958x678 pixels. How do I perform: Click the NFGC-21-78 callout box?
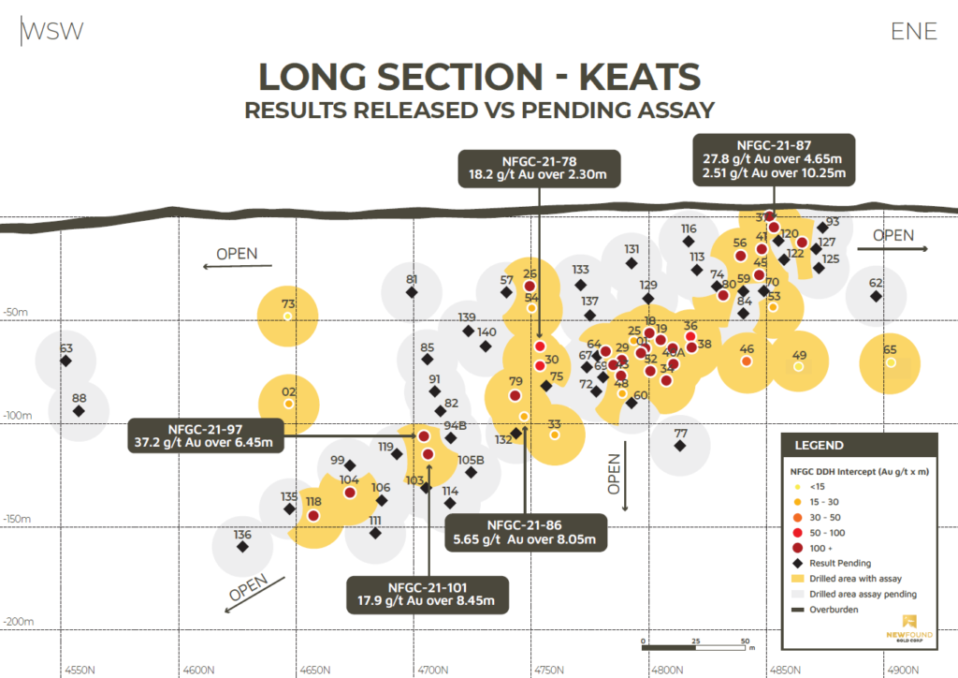[x=538, y=166]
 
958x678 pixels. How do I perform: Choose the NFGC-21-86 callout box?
[x=530, y=531]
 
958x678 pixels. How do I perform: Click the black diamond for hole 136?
[x=242, y=546]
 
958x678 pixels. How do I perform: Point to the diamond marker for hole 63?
[x=65, y=361]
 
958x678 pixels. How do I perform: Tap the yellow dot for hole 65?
[x=891, y=362]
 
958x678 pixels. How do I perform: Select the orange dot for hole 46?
[x=747, y=361]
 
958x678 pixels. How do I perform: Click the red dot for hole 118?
[x=313, y=515]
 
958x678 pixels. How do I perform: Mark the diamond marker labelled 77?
[x=680, y=446]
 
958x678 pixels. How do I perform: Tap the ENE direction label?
[x=914, y=31]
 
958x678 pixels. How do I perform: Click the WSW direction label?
[x=53, y=31]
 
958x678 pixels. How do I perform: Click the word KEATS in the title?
[x=636, y=75]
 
